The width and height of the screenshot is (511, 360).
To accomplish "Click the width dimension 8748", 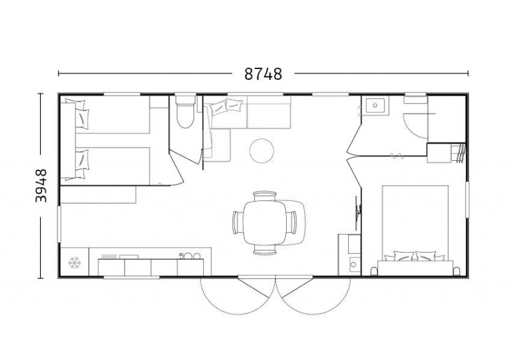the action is tap(263, 74).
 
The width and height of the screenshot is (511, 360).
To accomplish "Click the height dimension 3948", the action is tap(42, 186).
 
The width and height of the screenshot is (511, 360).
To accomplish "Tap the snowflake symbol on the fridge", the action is tap(74, 262).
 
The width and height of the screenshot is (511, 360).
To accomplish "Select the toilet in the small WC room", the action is tap(185, 111).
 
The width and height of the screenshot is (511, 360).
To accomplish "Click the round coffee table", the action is tap(261, 151).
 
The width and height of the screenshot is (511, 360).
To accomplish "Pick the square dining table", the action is tap(265, 223).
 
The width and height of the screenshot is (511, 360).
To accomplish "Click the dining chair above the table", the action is tap(265, 196).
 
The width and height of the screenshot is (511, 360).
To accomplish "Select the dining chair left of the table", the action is tap(238, 223).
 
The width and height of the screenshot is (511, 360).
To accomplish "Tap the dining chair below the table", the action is tap(265, 250).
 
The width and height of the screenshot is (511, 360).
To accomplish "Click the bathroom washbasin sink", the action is tap(376, 105).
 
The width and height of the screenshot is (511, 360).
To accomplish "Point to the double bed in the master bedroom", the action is tap(415, 230).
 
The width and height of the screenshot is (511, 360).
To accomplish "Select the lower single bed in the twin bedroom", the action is tap(107, 166).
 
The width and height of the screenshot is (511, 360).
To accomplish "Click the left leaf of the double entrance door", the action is tap(253, 287).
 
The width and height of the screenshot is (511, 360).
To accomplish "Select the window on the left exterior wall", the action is tap(59, 224).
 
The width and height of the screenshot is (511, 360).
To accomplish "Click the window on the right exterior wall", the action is tap(467, 199).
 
